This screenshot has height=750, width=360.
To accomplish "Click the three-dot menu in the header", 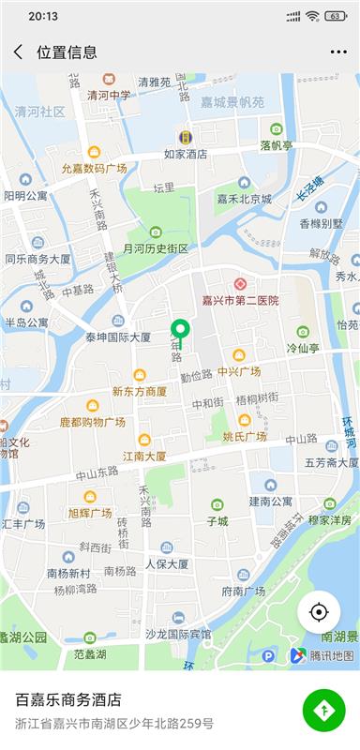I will (338, 52).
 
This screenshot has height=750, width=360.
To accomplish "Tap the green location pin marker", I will (179, 330).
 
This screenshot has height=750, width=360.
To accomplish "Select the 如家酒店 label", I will (186, 153).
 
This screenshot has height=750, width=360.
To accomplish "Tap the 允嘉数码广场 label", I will (94, 168).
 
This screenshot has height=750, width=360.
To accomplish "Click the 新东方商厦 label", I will (139, 391).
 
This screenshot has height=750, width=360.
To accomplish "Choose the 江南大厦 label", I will (144, 456).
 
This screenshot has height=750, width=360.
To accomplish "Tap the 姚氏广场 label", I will (245, 436).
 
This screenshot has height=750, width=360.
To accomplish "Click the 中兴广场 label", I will (239, 371).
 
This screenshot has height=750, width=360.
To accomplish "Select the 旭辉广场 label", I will (90, 512).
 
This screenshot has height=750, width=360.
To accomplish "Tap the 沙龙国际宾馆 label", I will (178, 634).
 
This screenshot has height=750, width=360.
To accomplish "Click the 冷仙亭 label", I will (303, 347).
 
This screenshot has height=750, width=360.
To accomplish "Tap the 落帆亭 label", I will (277, 145).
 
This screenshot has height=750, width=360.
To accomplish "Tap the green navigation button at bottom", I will (323, 710).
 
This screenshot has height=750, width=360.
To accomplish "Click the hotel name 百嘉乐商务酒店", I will (68, 700).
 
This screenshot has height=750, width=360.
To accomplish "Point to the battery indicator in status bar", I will (335, 16).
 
